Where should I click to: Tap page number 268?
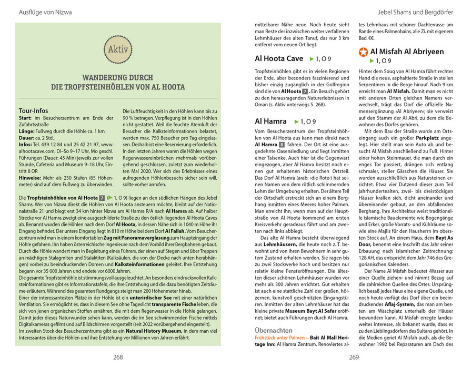[x=118, y=357]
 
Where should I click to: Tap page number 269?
[x=354, y=357]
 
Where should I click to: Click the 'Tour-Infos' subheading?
[x=33, y=111]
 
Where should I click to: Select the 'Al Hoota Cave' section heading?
[x=279, y=58]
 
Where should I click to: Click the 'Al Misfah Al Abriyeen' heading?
[x=407, y=52]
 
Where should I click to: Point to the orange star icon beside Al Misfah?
[x=363, y=52]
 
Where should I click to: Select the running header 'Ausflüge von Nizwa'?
[x=37, y=12]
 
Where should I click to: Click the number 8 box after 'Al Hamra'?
[x=282, y=145]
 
